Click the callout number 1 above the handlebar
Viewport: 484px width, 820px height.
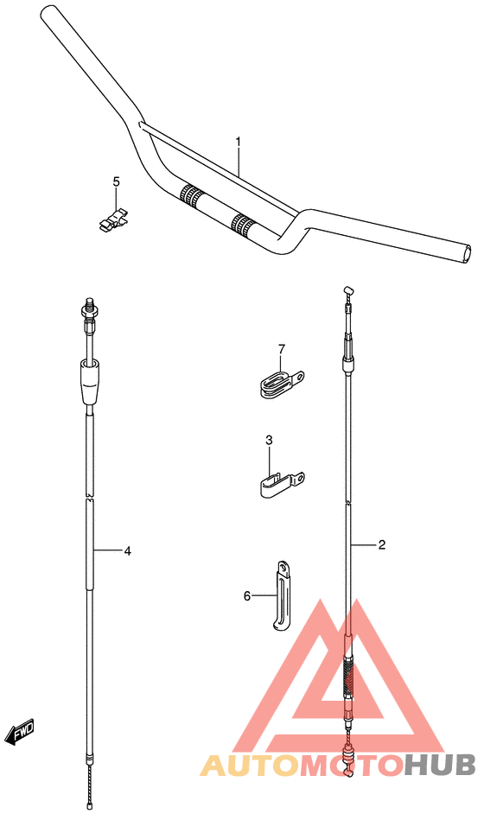point(238,141)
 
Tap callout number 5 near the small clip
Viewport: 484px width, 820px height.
point(116,181)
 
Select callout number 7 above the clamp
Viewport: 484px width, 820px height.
point(282,348)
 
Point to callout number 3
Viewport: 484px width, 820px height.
point(269,441)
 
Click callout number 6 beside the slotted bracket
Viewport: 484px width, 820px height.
point(247,595)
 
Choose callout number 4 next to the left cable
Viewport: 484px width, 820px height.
point(127,550)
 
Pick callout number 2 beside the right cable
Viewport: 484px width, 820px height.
point(382,544)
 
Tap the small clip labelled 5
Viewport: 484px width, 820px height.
point(113,219)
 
